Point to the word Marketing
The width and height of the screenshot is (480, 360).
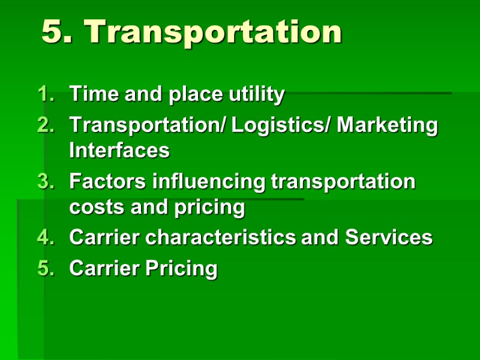click(388, 126)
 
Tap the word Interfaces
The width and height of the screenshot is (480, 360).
click(119, 150)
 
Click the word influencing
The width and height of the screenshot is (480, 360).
click(208, 182)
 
